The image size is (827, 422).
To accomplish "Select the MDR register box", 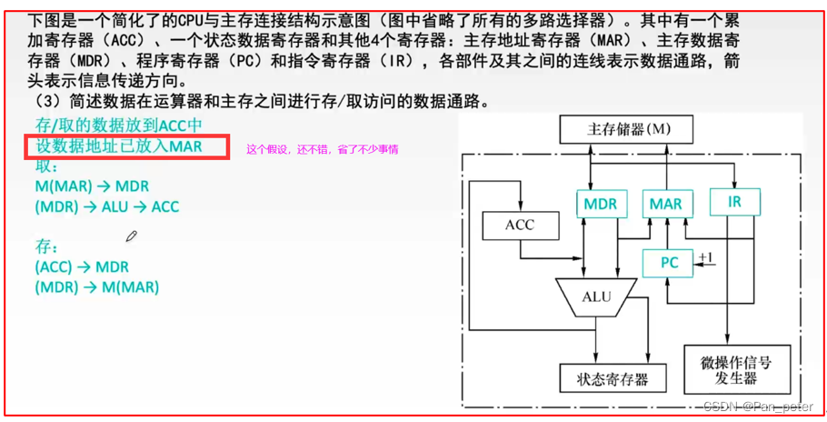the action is (601, 204).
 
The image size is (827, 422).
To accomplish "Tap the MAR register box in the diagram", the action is (666, 204).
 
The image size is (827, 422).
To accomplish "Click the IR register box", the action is (734, 201).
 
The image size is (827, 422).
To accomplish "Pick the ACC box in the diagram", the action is (519, 225).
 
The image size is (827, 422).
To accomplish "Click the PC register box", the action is (668, 263).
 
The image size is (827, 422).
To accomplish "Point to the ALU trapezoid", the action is (596, 298).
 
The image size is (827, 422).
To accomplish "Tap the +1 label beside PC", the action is (706, 257).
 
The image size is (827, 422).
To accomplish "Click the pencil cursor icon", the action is (132, 236).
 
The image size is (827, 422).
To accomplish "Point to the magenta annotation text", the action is (322, 149).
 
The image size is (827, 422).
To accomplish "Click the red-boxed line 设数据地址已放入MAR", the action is (118, 146).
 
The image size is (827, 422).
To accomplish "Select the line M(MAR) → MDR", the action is (91, 186).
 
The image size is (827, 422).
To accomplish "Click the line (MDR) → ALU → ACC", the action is (106, 206).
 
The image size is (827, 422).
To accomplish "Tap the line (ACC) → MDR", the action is (82, 266).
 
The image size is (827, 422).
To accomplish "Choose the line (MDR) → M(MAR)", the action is (96, 287).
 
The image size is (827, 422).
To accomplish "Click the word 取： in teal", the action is (46, 166).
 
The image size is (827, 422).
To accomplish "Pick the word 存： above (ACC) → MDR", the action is (46, 246).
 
